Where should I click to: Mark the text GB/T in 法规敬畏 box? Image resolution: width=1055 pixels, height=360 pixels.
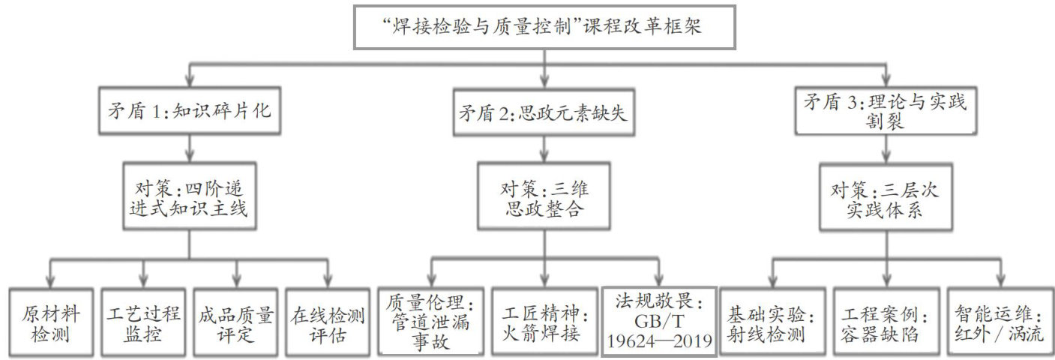click(658, 325)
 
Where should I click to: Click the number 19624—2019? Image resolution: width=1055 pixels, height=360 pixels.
click(658, 344)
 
